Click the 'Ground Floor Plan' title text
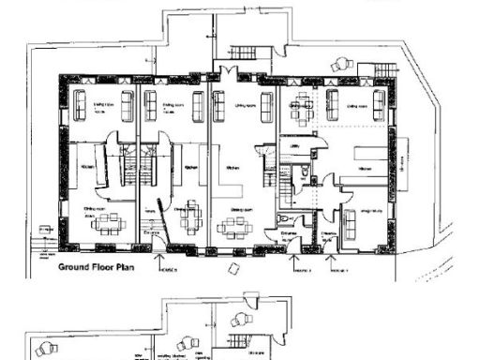(95, 266)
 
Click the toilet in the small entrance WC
(289, 222)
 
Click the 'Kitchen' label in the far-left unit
(86, 167)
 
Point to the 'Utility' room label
(293, 146)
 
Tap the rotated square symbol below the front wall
(232, 268)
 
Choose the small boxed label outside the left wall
(44, 230)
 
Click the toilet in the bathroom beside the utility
(305, 174)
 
